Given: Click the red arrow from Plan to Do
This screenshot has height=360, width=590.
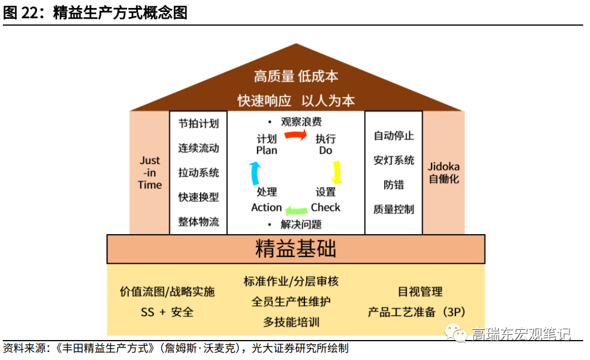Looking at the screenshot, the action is pos(296,134).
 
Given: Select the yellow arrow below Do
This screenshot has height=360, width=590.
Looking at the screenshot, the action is pos(337,172).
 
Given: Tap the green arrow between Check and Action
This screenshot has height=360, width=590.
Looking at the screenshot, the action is pos(296,210).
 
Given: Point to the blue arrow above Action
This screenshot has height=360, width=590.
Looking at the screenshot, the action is pos(255,172).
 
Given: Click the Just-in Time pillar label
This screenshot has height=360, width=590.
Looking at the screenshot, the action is pos(150,173).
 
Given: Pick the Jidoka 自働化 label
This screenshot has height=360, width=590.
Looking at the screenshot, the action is pos(443,173).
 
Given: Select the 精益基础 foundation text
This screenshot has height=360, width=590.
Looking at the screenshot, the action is pos(295,249).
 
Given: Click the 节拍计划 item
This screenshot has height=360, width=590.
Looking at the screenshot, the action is pos(198,124).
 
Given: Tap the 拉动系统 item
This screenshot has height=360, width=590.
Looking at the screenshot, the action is pos(198,173).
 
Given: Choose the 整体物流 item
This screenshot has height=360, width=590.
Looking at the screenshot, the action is pos(198,222).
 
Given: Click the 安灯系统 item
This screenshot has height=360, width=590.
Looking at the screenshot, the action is pos(394,160).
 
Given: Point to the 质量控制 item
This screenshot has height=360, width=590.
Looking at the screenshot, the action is pos(394,209).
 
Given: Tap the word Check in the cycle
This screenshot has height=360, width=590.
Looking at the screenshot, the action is pos(325,208).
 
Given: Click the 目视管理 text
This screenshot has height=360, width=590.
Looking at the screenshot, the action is pos(420,292).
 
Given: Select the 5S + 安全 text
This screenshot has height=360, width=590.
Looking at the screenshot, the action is pos(167,312).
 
